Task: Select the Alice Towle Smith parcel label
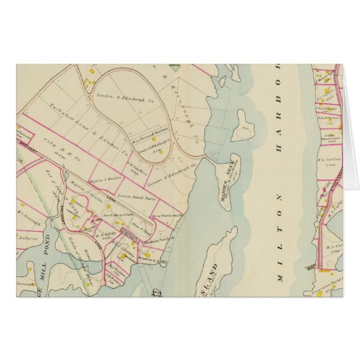[x=164, y=215]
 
